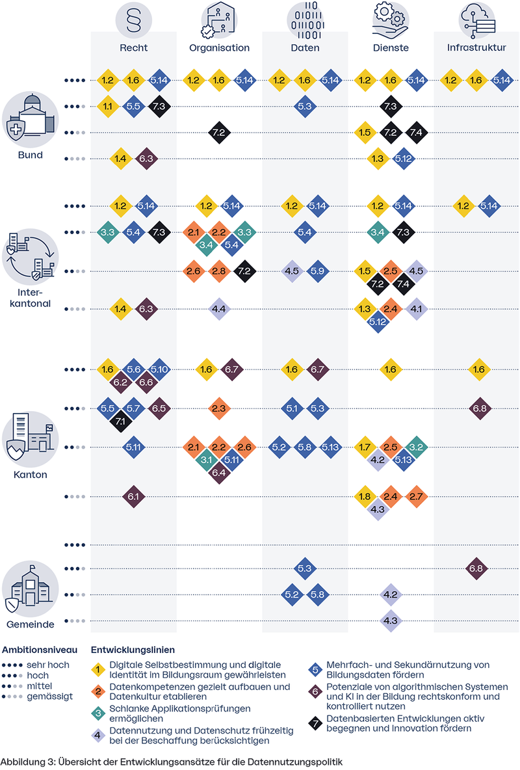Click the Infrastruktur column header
(x=476, y=47)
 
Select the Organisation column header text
(x=219, y=47)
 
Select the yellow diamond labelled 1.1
(x=108, y=106)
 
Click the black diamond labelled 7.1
(x=121, y=421)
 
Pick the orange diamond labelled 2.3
(x=219, y=408)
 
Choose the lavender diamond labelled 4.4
(x=219, y=309)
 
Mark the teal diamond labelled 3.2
(x=415, y=447)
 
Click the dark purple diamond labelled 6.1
(x=133, y=497)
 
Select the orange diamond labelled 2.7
(x=415, y=497)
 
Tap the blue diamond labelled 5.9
(x=318, y=271)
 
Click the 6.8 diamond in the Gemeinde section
(x=479, y=568)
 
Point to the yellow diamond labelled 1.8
(x=365, y=497)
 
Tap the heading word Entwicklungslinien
(x=133, y=650)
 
